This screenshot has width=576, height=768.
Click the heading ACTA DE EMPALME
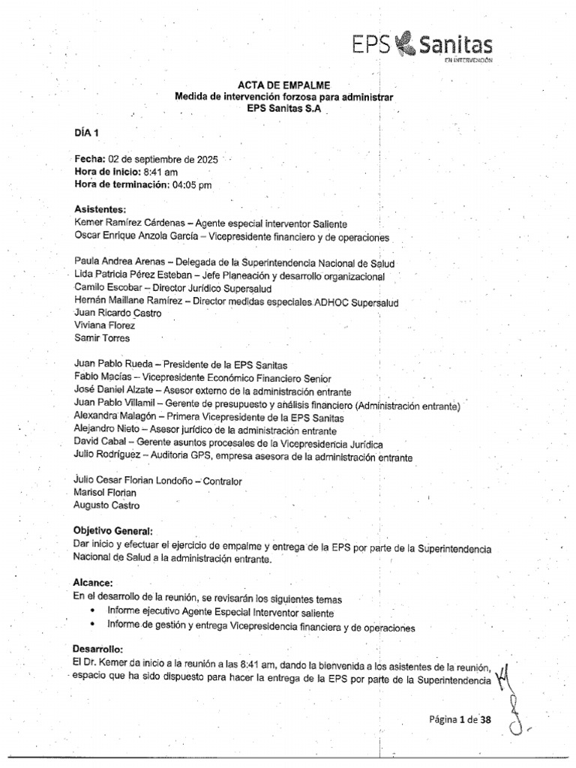pos(285,85)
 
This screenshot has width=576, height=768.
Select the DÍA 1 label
pos(86,133)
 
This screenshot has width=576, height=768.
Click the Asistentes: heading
pos(100,209)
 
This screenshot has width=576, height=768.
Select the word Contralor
pos(223,481)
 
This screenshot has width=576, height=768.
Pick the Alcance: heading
pos(94,583)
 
